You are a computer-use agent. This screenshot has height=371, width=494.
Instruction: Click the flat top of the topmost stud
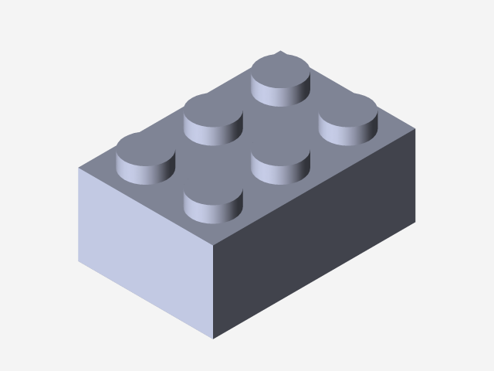pos(282,73)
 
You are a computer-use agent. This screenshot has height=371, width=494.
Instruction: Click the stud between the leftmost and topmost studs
pos(213,114)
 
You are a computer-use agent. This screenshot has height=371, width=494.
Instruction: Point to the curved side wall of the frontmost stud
pos(213,213)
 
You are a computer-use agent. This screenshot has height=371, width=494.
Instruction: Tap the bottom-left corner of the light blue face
pos(78,261)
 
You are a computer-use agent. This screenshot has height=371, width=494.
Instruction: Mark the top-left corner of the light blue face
pos(78,168)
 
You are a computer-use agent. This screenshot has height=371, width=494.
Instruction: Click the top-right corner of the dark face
pos(415,129)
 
